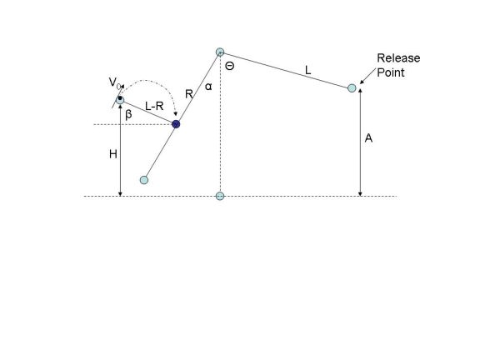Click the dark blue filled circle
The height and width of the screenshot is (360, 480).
click(176, 124)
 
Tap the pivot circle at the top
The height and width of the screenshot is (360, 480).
click(220, 52)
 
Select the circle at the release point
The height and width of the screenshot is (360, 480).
click(352, 88)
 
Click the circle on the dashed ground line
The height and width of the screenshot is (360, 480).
click(220, 196)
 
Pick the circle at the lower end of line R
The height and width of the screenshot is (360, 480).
click(144, 180)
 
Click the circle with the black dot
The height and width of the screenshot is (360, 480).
click(120, 100)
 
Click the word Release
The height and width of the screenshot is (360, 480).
click(398, 57)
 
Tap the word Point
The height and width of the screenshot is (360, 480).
click(391, 72)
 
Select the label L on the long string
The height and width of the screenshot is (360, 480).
click(308, 70)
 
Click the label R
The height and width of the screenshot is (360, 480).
click(189, 93)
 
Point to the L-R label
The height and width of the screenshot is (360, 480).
click(154, 106)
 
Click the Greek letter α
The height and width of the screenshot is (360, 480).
click(208, 87)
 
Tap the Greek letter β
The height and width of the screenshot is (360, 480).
click(128, 114)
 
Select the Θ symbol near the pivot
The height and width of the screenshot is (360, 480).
click(230, 66)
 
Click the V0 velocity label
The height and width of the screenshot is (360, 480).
click(114, 82)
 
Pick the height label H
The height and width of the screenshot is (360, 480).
click(113, 154)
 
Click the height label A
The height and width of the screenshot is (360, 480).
click(368, 138)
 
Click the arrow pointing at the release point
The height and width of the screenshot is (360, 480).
click(367, 76)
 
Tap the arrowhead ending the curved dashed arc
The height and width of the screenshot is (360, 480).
click(175, 114)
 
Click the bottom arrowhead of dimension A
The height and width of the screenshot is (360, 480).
click(360, 194)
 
